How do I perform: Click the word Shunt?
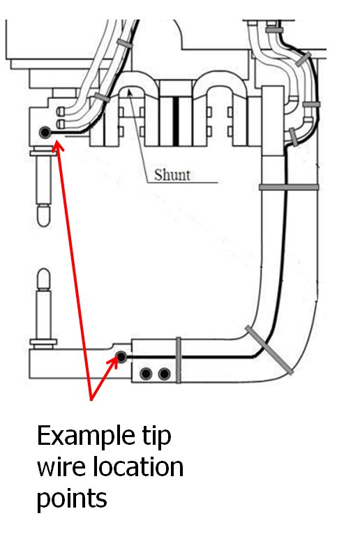point(172,175)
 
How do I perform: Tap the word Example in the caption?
point(85,436)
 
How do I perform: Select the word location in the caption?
point(138,467)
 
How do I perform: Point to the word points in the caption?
point(72,498)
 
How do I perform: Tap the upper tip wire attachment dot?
point(45,132)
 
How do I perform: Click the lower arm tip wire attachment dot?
point(121,357)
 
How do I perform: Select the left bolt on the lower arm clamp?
point(146,374)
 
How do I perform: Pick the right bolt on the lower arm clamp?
point(164,374)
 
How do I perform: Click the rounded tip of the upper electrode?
point(43,215)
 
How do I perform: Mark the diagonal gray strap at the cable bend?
point(269,350)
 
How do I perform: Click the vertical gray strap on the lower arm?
point(178,360)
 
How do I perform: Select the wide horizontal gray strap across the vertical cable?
point(289,188)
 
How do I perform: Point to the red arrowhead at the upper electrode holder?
point(58,146)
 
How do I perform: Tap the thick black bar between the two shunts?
point(176,121)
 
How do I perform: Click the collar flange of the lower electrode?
point(43,342)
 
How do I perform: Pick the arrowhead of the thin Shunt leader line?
point(130,93)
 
